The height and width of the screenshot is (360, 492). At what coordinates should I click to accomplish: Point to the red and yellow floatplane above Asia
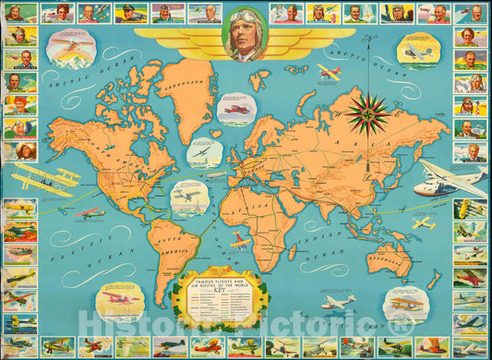[x=329, y=71]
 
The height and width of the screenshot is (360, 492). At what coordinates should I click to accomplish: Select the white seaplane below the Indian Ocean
[x=338, y=302]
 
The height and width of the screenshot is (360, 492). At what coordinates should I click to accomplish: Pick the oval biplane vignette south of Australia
[x=406, y=303]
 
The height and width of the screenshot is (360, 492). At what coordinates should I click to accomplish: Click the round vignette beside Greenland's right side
[x=235, y=110]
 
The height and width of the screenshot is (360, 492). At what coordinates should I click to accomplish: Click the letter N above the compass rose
[x=368, y=39]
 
